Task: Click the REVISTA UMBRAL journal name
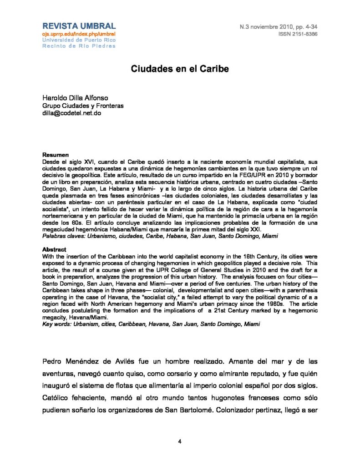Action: coord(79,25)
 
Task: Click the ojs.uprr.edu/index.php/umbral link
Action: coord(79,34)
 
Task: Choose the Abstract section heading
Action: coord(55,250)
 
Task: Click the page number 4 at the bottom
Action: coord(180,441)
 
